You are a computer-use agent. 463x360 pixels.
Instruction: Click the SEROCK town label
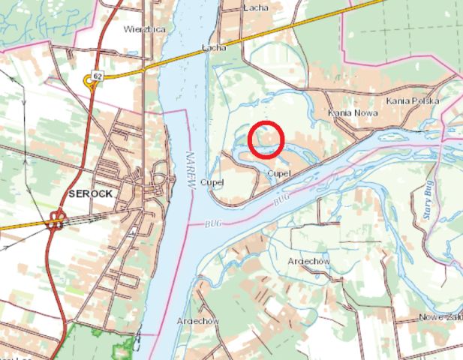coord(90,193)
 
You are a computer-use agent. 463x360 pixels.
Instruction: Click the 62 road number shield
coord(97,75)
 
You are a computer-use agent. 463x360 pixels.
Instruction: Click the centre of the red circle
coord(265,139)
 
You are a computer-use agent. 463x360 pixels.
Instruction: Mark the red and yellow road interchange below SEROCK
coord(55,220)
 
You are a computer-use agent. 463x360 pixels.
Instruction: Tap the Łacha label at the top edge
coord(257,7)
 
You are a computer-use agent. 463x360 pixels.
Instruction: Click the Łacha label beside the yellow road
coord(215,47)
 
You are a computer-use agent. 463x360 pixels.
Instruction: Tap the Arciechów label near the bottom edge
coord(197,320)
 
